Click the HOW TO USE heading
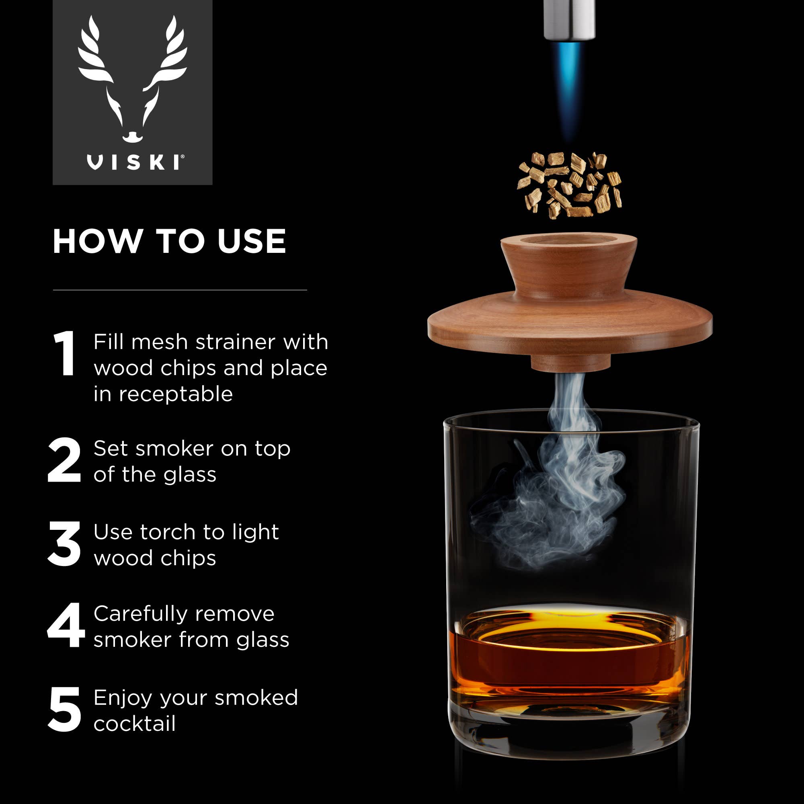pyautogui.click(x=169, y=241)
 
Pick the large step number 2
pyautogui.click(x=64, y=460)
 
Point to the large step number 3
pyautogui.click(x=64, y=544)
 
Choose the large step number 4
pyautogui.click(x=66, y=626)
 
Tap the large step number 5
pyautogui.click(x=64, y=710)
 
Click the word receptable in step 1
pyautogui.click(x=176, y=394)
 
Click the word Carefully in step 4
pyautogui.click(x=141, y=614)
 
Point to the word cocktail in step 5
pyautogui.click(x=134, y=724)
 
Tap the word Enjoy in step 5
pyautogui.click(x=123, y=698)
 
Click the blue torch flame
pyautogui.click(x=569, y=83)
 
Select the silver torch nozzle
pyautogui.click(x=569, y=19)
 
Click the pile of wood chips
pyautogui.click(x=569, y=185)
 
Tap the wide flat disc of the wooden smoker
pyautogui.click(x=569, y=329)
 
